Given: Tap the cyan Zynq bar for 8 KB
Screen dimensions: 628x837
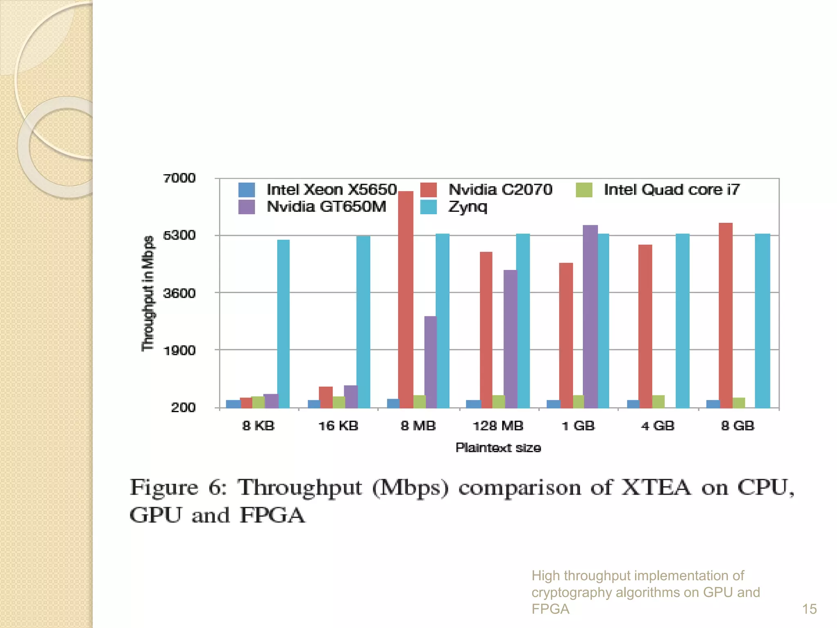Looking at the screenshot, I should click(x=283, y=323).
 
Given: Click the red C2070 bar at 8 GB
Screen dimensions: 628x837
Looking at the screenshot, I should click(x=725, y=315).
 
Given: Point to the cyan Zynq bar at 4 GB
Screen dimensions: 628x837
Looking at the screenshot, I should click(x=682, y=321).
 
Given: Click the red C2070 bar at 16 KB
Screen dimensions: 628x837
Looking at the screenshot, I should click(x=326, y=397).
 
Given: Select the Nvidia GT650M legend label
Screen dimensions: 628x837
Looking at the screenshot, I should click(x=326, y=207).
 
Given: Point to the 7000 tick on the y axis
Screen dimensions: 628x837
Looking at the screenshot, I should click(x=179, y=178).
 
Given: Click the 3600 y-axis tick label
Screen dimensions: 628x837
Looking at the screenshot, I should click(x=179, y=293).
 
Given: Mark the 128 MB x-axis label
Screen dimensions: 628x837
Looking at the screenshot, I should click(x=498, y=426).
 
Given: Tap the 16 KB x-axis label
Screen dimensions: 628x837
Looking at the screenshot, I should click(x=338, y=426).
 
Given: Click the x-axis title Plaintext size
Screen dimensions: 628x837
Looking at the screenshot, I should click(x=498, y=448).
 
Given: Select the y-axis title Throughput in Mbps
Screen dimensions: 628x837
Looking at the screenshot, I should click(x=148, y=293).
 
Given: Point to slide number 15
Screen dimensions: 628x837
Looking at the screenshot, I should click(x=809, y=609).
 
